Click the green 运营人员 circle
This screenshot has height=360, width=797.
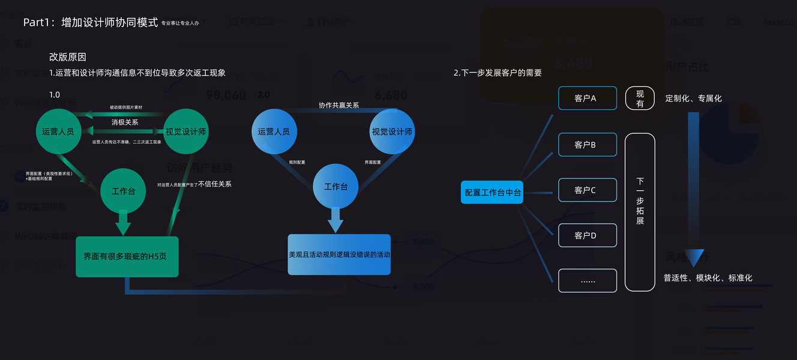coord(58,131)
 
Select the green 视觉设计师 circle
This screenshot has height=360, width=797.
coord(186,131)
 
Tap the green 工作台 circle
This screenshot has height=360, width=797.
coord(123,191)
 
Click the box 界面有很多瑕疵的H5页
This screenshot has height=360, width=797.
coord(127,257)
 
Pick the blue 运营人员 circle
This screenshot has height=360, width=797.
coord(274,131)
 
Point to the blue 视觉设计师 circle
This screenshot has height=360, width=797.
coord(392,131)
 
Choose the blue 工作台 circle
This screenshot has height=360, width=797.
coord(336,187)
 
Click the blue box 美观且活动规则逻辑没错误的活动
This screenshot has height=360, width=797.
coord(339,254)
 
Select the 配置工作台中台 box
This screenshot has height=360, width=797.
coord(492,192)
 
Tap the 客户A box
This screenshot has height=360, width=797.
coord(588,98)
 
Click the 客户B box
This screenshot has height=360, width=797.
coord(588,145)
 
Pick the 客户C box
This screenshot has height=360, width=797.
coord(588,190)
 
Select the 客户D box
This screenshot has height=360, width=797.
coord(588,235)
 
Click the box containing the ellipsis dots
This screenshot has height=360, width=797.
coord(588,281)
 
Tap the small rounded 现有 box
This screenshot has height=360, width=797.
coord(640,98)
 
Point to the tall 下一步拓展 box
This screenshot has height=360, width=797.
coord(640,212)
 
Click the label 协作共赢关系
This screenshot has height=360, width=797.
coord(338,105)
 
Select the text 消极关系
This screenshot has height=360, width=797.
coord(125,122)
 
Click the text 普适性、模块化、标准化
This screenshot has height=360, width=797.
coord(708,278)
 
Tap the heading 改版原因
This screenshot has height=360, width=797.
coord(68,57)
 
